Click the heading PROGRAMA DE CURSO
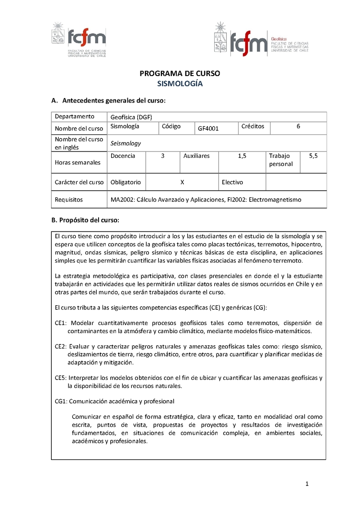[x=180, y=73]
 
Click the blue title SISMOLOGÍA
[x=180, y=84]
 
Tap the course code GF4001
[x=208, y=129]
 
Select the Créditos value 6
[x=298, y=127]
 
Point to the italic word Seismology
[x=126, y=143]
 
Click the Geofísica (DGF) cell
[x=131, y=117]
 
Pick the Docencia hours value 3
[x=162, y=156]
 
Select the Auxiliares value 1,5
[x=242, y=156]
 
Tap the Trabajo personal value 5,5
[x=313, y=156]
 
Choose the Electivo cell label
[x=232, y=182]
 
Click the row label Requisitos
[x=69, y=199]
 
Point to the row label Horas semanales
[x=78, y=162]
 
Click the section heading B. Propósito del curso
[x=85, y=220]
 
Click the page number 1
[x=306, y=484]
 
